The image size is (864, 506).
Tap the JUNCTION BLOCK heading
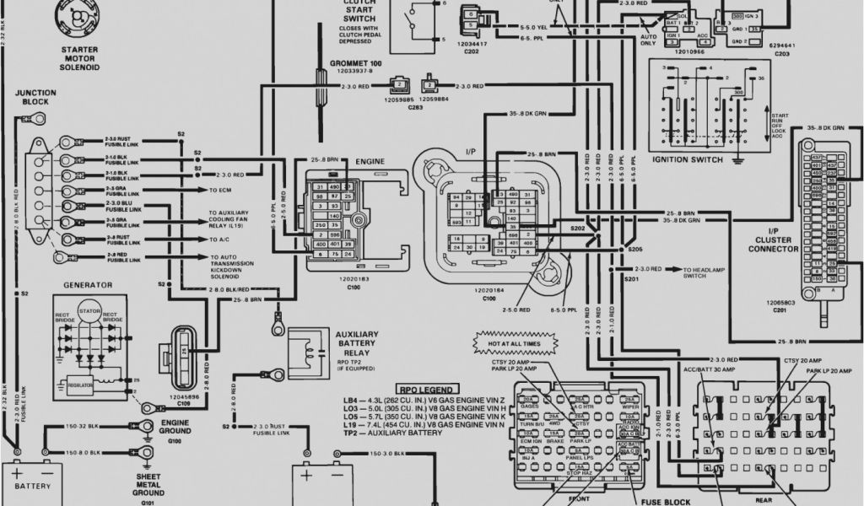coord(36,97)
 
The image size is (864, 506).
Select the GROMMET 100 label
coord(356,64)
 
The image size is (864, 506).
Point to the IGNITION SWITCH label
coord(687,159)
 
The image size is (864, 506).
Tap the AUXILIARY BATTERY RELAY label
coord(357,344)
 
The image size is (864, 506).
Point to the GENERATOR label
coord(84,285)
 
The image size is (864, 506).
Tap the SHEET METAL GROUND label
coord(148,485)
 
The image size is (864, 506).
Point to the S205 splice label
coord(634,250)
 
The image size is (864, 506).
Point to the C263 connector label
coord(415,108)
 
